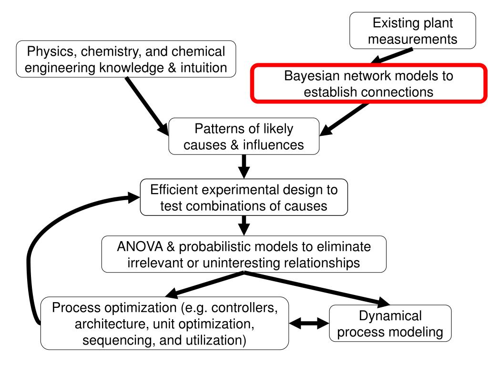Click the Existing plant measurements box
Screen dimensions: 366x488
pyautogui.click(x=412, y=30)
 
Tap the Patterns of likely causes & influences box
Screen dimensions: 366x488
pyautogui.click(x=244, y=136)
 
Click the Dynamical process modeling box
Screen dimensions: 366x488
pyautogui.click(x=390, y=324)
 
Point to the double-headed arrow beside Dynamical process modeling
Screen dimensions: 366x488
pyautogui.click(x=308, y=324)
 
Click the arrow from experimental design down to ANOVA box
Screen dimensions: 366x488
pyautogui.click(x=244, y=224)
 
